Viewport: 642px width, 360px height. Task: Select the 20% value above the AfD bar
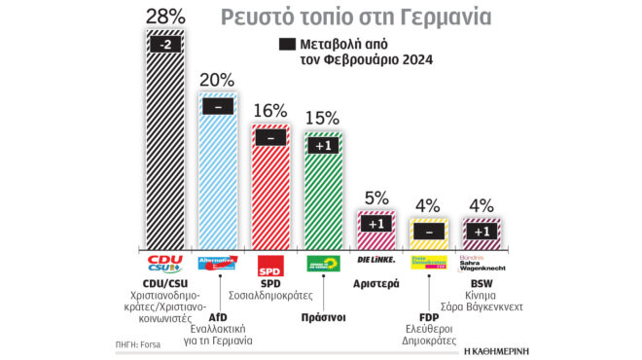coord(217,79)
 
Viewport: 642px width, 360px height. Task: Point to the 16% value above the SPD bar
coord(269,111)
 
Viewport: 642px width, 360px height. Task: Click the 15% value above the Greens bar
coord(323,118)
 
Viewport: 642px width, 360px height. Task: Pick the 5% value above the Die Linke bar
coord(375,197)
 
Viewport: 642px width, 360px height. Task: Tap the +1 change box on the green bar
coord(323,146)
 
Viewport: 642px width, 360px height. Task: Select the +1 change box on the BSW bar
coord(481,233)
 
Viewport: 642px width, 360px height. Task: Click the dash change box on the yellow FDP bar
coord(428,233)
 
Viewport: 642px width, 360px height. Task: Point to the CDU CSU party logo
coord(163,264)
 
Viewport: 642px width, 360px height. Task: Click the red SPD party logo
coord(269,265)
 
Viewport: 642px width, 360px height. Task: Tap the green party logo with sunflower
coord(323,264)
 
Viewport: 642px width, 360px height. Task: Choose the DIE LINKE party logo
coord(376,261)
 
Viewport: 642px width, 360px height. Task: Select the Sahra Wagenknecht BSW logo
coord(481,264)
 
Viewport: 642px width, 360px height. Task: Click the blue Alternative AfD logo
coord(217,264)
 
